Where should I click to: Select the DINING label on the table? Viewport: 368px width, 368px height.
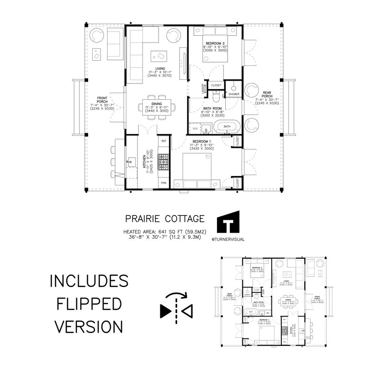(x=157, y=104)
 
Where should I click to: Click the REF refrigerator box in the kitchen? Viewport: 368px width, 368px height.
(x=164, y=140)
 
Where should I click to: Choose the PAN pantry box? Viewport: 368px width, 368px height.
(x=164, y=183)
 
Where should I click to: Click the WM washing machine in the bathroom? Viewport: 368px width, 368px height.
(x=195, y=127)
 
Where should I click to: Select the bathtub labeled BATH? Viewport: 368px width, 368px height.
(x=227, y=126)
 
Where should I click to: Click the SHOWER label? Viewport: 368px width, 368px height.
(x=233, y=94)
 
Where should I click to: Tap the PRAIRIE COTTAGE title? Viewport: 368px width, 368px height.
(x=165, y=218)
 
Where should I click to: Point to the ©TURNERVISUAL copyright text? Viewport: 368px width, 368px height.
(x=228, y=240)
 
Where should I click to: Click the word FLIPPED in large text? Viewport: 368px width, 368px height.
(x=89, y=304)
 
